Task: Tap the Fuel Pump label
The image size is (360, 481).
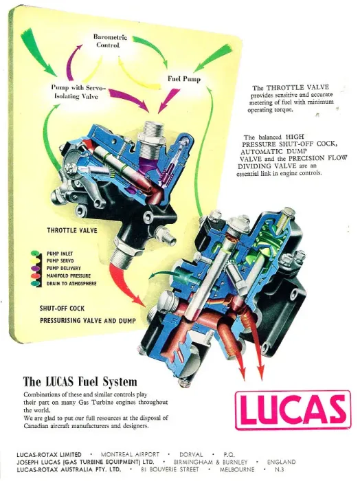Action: click(x=183, y=79)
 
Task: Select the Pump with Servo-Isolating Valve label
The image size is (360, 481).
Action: click(x=78, y=92)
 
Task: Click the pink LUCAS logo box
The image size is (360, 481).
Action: click(x=293, y=410)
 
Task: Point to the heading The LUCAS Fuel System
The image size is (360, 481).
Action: click(x=80, y=382)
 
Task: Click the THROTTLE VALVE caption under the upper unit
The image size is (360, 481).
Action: click(x=72, y=230)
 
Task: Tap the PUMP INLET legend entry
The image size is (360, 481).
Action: click(x=60, y=254)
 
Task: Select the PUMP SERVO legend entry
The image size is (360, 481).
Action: click(x=60, y=260)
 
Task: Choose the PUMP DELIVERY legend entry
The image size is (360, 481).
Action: click(x=63, y=268)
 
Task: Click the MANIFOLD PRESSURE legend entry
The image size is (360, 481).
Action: click(x=69, y=276)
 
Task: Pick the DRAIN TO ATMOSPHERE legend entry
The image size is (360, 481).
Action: click(x=71, y=283)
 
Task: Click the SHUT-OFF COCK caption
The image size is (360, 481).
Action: click(x=62, y=309)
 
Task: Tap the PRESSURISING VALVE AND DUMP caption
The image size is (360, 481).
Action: click(x=88, y=321)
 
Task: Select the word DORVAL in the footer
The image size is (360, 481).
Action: click(x=191, y=454)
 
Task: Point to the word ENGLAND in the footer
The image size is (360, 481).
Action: click(x=281, y=462)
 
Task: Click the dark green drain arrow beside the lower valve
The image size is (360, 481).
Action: click(x=164, y=275)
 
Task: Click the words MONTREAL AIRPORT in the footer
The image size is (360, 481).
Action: click(x=130, y=454)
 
